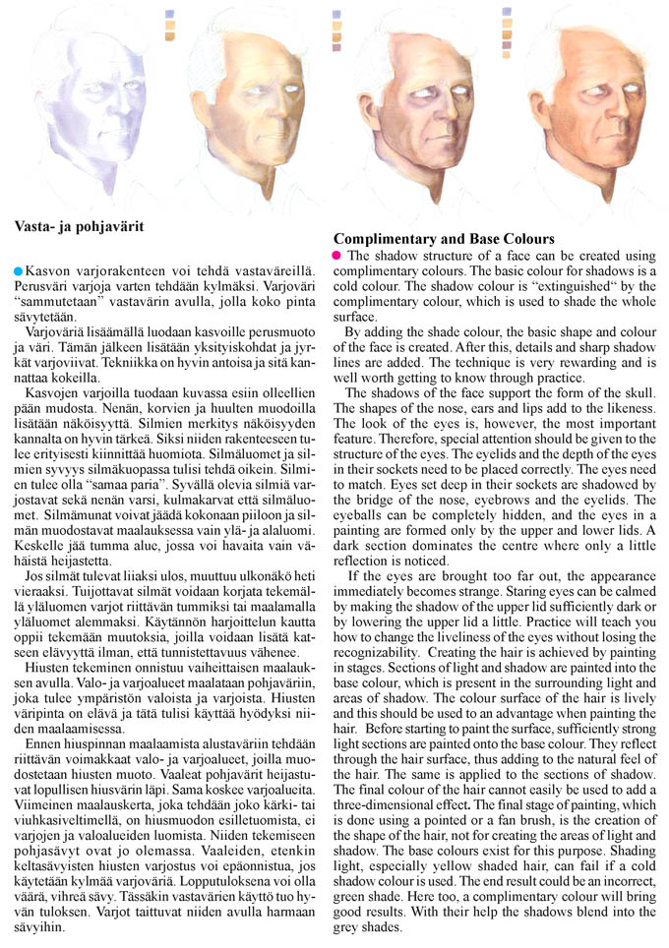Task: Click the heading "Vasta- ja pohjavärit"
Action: (80, 226)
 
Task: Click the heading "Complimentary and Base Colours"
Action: (445, 239)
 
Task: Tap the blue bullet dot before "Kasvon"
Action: (19, 268)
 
